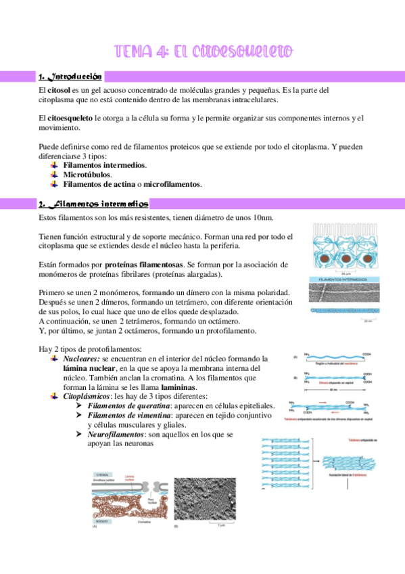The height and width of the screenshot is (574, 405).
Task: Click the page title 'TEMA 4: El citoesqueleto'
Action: (202, 51)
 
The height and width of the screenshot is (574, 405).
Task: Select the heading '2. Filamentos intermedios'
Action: (94, 203)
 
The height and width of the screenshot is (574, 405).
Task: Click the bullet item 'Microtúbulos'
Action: (87, 174)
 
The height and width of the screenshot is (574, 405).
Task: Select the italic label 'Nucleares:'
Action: (82, 359)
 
